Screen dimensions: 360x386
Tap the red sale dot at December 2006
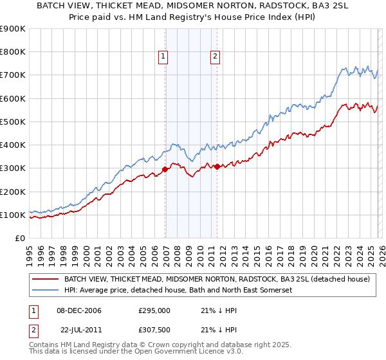(165, 170)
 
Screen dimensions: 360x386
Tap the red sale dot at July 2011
(217, 166)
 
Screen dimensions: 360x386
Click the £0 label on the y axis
(19, 238)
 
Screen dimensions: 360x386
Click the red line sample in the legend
(46, 280)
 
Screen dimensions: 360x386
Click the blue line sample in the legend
(46, 291)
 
